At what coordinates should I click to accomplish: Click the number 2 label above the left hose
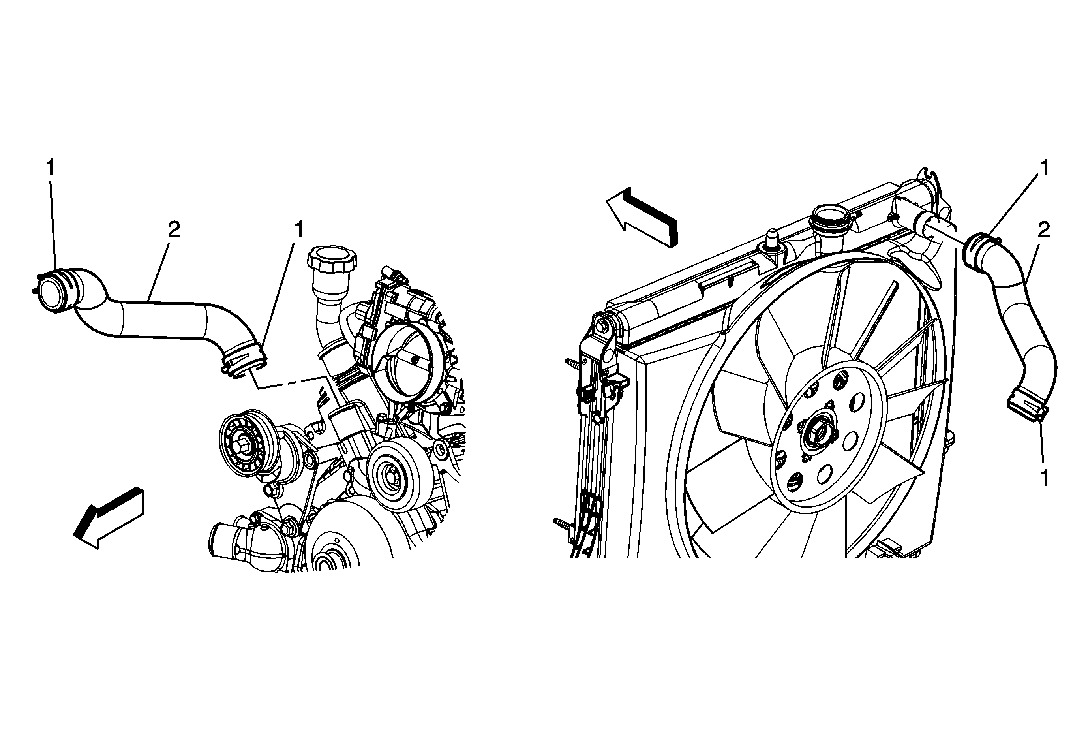[174, 229]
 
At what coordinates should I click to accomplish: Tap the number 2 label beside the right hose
[1043, 229]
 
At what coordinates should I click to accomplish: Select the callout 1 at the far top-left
[50, 167]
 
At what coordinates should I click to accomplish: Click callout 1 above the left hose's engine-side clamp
[298, 229]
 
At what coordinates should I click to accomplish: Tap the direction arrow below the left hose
[109, 517]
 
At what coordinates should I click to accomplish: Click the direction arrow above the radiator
[642, 217]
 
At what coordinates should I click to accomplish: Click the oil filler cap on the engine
[332, 260]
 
